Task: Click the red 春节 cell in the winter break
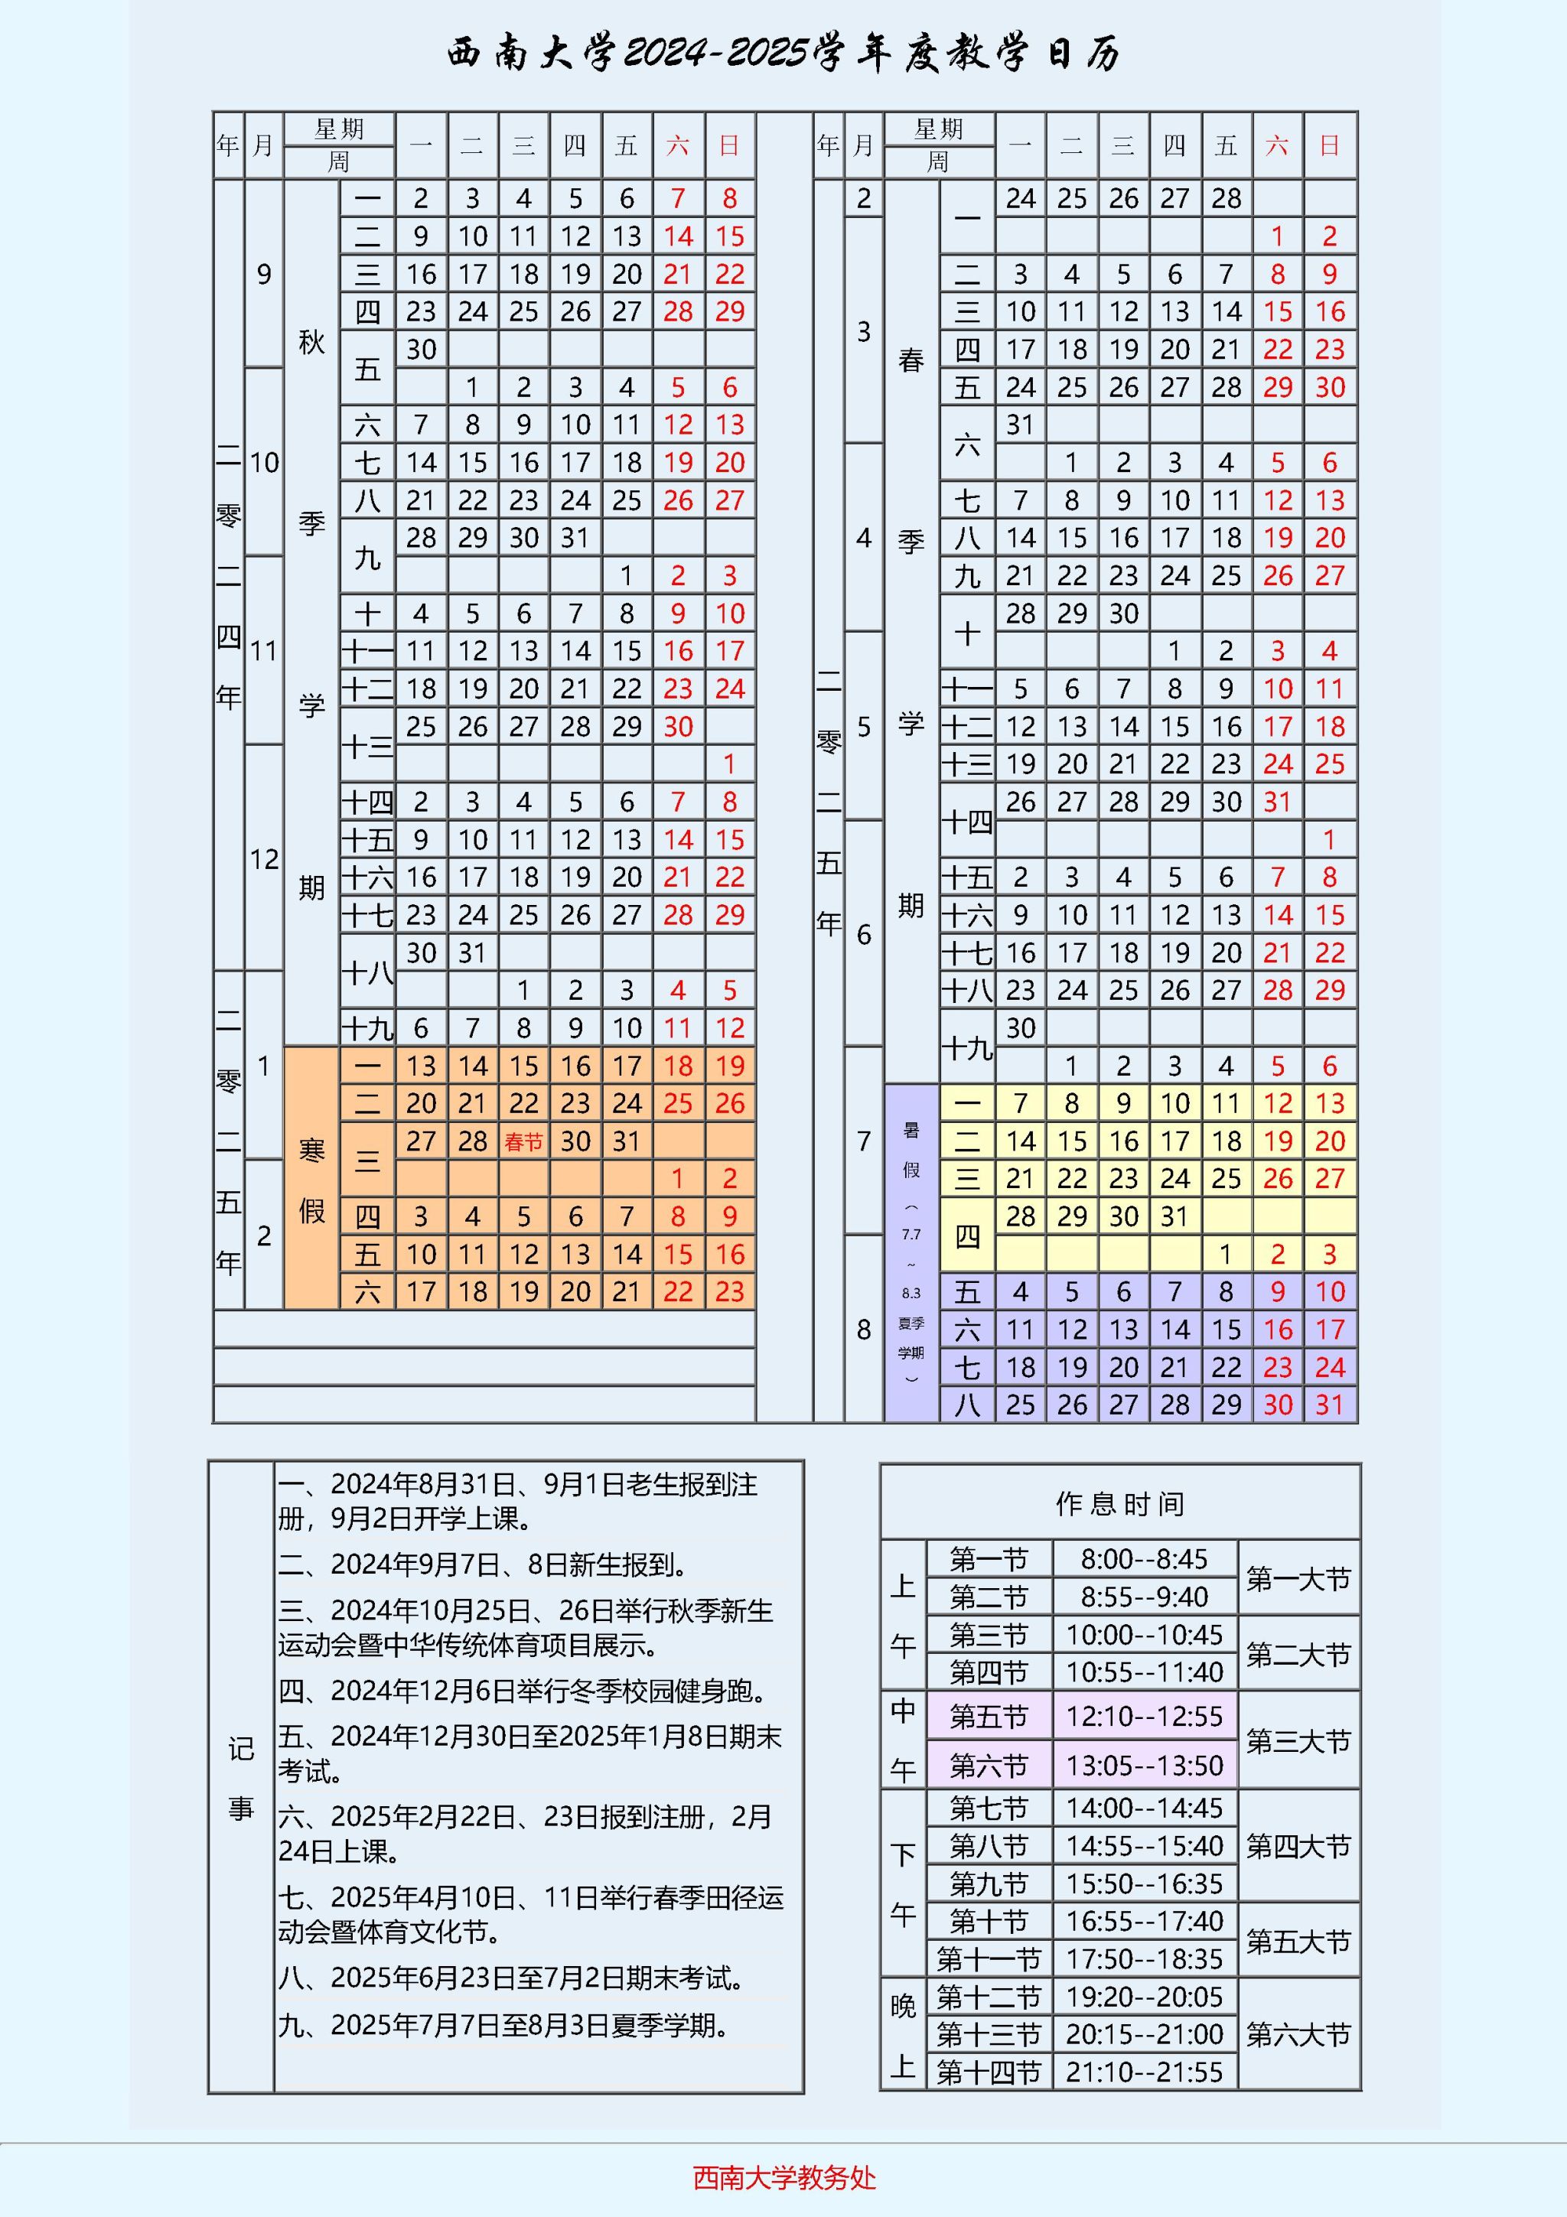click(523, 1142)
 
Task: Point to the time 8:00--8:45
click(1144, 1559)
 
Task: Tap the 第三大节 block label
click(1298, 1741)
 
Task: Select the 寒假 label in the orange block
click(311, 1180)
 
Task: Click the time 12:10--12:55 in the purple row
click(1144, 1716)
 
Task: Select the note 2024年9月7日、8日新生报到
click(483, 1564)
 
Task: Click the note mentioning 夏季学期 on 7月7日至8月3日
click(503, 2025)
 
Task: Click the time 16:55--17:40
click(1144, 1921)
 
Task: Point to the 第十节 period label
click(988, 1921)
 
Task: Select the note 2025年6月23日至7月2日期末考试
click(511, 1978)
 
